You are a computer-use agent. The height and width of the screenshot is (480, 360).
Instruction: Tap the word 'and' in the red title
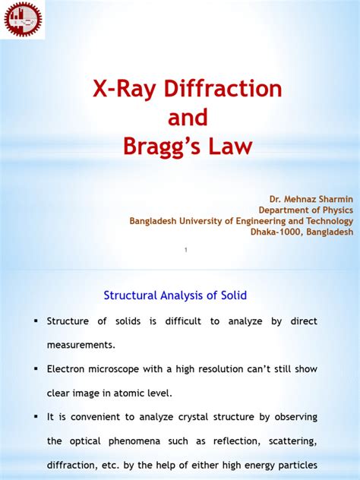[x=180, y=117]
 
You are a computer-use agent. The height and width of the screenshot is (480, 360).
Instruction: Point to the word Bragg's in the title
[x=160, y=145]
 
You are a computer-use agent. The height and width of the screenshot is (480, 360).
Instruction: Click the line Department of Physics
[x=306, y=210]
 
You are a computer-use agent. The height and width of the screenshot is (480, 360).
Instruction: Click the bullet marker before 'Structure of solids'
[x=36, y=321]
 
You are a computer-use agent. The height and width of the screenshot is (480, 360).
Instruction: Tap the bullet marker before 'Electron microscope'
[x=36, y=368]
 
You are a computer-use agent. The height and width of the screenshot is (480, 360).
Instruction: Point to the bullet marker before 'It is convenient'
[x=36, y=416]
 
